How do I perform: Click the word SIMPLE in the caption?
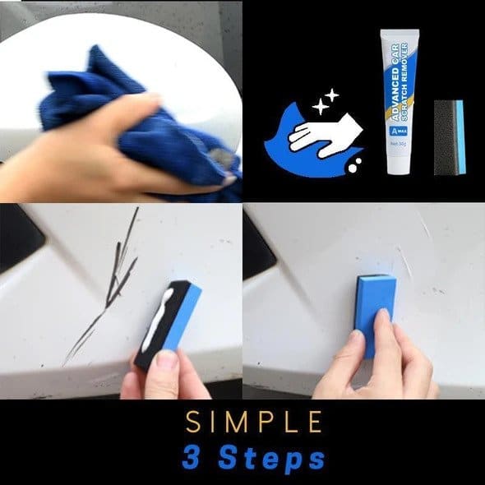[x=253, y=422]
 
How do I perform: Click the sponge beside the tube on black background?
[x=450, y=137]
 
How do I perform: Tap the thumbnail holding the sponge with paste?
[x=167, y=361]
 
